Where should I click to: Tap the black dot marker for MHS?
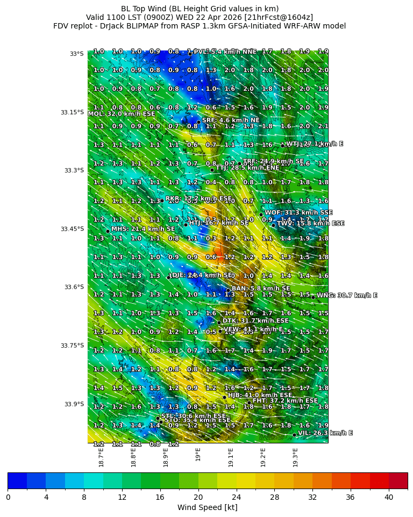coord(108,231)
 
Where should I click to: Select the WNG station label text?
coord(347,296)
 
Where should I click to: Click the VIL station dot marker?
coord(295,435)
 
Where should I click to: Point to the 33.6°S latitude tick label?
coord(73,287)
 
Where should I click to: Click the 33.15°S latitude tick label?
coord(73,112)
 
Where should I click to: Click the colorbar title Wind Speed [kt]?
coord(207,507)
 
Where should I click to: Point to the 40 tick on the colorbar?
coord(389,497)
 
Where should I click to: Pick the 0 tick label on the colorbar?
coord(8,497)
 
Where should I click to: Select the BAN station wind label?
coord(261,289)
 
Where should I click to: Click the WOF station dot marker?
coord(261,214)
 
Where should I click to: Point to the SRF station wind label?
coord(231,120)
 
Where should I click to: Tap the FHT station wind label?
coord(285,401)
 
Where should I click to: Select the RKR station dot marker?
coord(162,200)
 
